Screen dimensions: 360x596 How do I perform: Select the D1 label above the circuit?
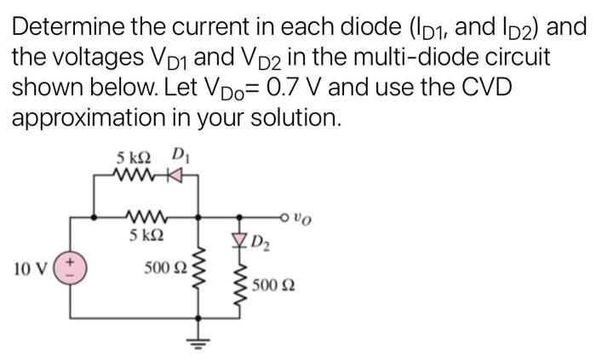click(x=179, y=156)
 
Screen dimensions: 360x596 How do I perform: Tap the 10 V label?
click(x=31, y=271)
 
